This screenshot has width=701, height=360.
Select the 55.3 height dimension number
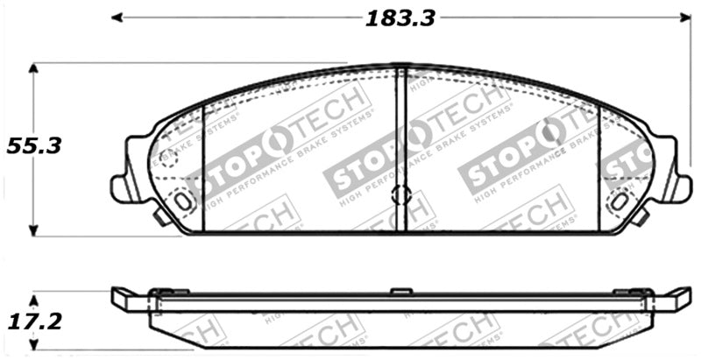click(34, 147)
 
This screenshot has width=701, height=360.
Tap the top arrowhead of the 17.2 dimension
click(34, 292)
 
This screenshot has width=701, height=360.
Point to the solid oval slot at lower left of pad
click(182, 200)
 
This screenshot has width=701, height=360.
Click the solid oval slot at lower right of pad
click(620, 200)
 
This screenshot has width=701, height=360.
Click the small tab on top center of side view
click(400, 290)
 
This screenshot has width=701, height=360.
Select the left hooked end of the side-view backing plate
click(123, 299)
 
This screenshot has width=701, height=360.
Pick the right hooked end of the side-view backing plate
click(679, 299)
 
